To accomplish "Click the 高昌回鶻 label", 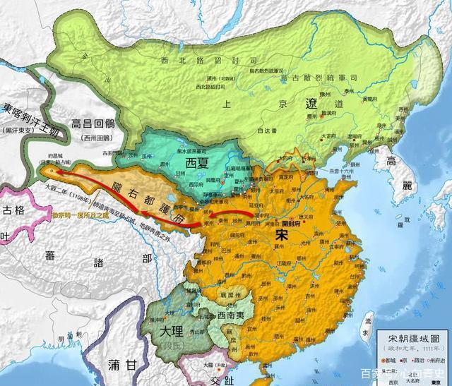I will point(100,124).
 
